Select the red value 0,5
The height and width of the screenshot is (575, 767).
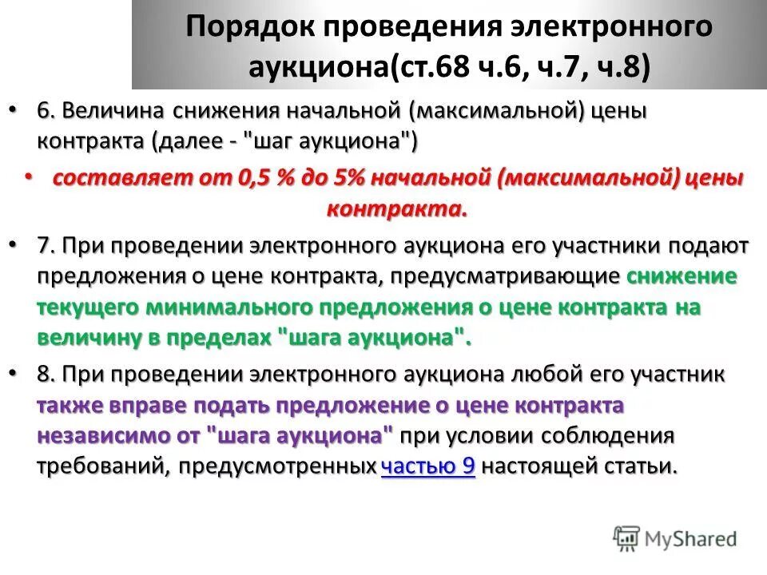[x=256, y=179]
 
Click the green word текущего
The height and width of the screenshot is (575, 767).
[x=87, y=307]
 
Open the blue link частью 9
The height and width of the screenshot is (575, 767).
[x=428, y=467]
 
